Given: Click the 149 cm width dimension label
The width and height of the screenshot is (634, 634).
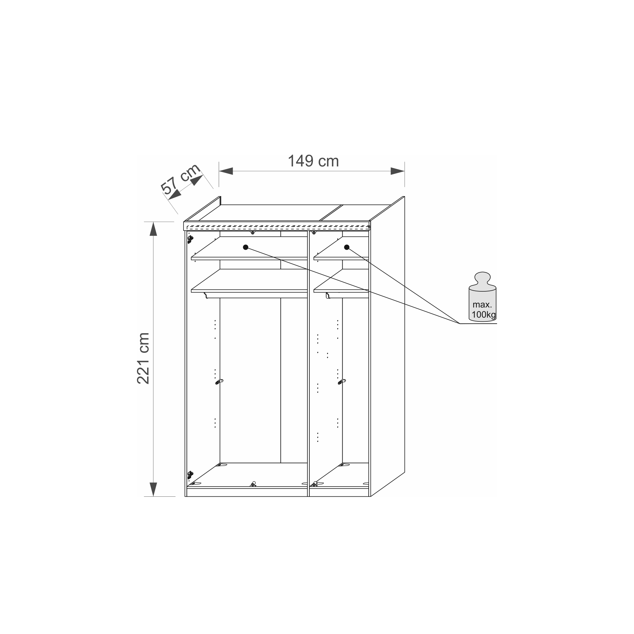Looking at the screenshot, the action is pos(313,161).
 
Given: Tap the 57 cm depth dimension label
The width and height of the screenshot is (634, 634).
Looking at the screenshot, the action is pos(180,179).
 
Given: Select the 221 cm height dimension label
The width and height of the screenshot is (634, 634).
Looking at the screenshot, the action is pos(143,358).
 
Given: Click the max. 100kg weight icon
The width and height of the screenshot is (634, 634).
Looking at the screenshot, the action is pos(482,297).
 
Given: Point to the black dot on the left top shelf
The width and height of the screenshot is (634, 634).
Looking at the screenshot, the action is pos(245,247).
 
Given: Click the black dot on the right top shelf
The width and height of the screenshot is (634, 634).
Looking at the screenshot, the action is pos(346,247).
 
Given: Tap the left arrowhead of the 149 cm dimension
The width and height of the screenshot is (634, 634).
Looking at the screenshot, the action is pos(226,171).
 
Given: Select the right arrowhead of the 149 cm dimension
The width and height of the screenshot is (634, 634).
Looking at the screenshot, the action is pos(398,171).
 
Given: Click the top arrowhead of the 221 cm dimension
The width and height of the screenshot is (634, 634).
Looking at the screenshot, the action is pos(153,229).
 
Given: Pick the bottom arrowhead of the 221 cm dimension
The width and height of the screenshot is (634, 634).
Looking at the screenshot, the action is pos(153,490).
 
